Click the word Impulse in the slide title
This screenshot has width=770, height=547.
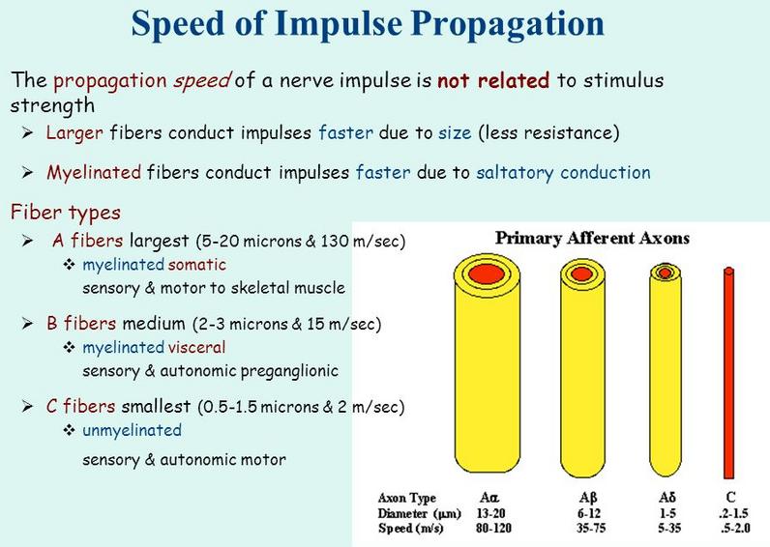point(338,24)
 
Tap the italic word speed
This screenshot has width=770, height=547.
point(201,81)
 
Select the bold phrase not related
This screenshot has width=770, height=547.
point(493,80)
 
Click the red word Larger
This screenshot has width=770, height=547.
point(74,133)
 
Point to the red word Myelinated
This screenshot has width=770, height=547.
point(94,173)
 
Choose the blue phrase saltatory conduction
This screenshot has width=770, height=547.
point(563,173)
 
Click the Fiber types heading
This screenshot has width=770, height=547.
point(66,213)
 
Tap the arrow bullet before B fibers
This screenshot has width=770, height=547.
point(27,324)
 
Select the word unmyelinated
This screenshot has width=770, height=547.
point(132,430)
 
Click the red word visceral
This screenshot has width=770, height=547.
point(196,347)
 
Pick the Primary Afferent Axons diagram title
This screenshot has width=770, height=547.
point(592,238)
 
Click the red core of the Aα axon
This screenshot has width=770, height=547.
point(487,273)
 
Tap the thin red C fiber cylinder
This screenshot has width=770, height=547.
point(728,373)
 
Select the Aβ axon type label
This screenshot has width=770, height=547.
point(588,498)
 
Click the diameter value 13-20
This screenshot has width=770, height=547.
point(490,513)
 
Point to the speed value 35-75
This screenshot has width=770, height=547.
point(591,529)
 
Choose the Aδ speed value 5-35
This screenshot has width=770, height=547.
point(669,529)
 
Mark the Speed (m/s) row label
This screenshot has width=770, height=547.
point(410,529)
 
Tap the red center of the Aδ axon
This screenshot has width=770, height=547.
point(666,272)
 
